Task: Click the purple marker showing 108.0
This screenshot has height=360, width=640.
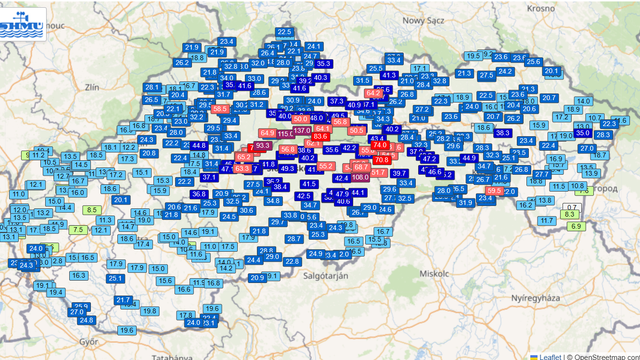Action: [360, 176]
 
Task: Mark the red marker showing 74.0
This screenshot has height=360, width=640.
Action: [379, 146]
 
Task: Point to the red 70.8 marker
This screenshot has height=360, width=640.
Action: [381, 159]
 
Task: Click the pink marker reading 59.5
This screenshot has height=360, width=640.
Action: [494, 190]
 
